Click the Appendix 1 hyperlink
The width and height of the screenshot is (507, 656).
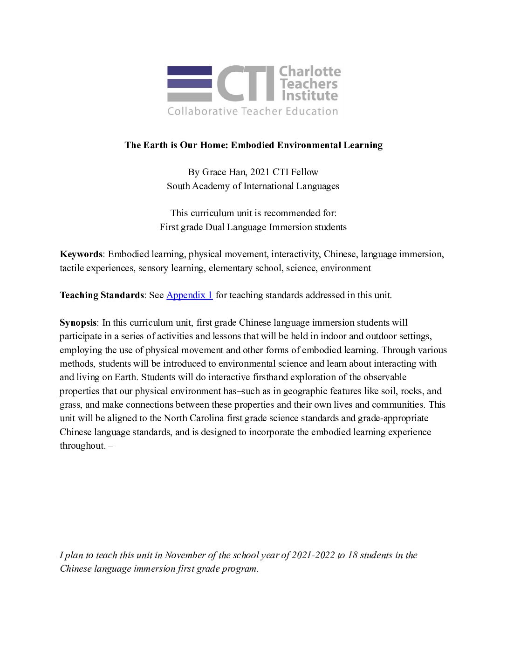click(x=189, y=295)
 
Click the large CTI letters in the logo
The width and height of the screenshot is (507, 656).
click(x=246, y=83)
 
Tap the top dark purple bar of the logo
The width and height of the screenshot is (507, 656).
click(x=189, y=71)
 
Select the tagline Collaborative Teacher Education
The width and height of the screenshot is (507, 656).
click(x=253, y=111)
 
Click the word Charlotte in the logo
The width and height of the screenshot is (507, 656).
click(x=309, y=72)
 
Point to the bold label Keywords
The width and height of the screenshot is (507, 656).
click(x=81, y=254)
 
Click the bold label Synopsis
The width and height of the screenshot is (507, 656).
click(x=78, y=322)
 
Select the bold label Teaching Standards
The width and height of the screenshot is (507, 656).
click(x=102, y=295)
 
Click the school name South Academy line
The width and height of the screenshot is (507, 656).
click(x=253, y=186)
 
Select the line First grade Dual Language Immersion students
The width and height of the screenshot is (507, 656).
click(x=253, y=227)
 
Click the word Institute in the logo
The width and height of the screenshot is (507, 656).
click(x=309, y=96)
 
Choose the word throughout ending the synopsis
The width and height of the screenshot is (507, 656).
click(x=82, y=445)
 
